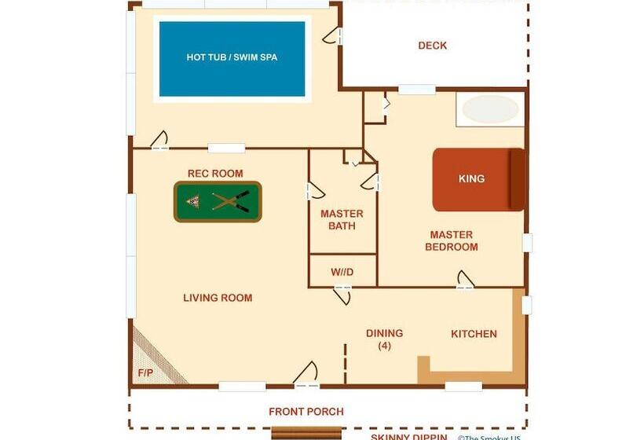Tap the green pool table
tap(218, 202)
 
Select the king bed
tap(478, 179)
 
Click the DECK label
tap(432, 46)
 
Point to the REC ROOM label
tap(215, 173)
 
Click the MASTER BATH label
tap(342, 220)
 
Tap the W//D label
tap(342, 272)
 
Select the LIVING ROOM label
tap(218, 298)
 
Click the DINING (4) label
tap(384, 339)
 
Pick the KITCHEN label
tap(474, 334)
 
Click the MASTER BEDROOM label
tap(451, 240)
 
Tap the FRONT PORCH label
tap(306, 411)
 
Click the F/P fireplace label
tap(145, 373)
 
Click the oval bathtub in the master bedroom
tap(489, 109)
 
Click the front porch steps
tap(307, 432)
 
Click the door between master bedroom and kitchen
tap(465, 280)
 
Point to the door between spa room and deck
tap(333, 35)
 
